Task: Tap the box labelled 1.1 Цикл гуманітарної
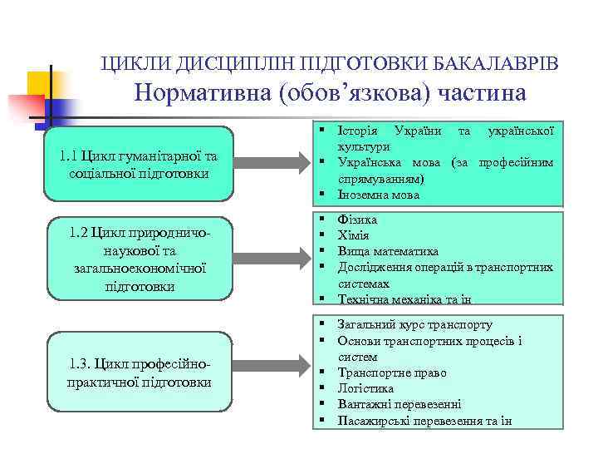[x=139, y=164]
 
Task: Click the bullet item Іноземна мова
[x=378, y=195]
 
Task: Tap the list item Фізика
[x=357, y=220]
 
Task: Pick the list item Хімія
[x=353, y=235]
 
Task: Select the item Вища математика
[x=386, y=251]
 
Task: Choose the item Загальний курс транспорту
[x=414, y=325]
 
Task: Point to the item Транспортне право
[x=392, y=373]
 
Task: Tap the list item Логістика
[x=365, y=388]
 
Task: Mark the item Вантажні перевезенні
[x=399, y=404]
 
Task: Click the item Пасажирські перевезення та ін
[x=424, y=420]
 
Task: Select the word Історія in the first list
[x=358, y=131]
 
